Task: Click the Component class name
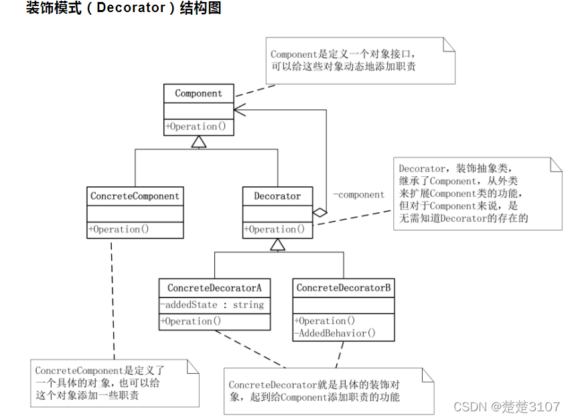pyautogui.click(x=198, y=93)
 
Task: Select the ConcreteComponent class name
pyautogui.click(x=135, y=196)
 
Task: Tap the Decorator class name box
pyautogui.click(x=277, y=196)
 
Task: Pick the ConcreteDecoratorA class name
pyautogui.click(x=214, y=288)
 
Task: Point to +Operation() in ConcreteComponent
pyautogui.click(x=119, y=229)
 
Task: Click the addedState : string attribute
pyautogui.click(x=212, y=305)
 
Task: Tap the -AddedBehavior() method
pyautogui.click(x=335, y=332)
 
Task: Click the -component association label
pyautogui.click(x=358, y=195)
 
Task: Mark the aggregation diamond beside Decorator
pyautogui.click(x=320, y=212)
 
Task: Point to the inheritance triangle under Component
pyautogui.click(x=198, y=141)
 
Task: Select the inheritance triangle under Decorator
pyautogui.click(x=277, y=244)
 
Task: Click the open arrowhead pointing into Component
pyautogui.click(x=239, y=109)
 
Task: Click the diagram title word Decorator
pyautogui.click(x=131, y=9)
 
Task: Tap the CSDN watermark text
pyautogui.click(x=506, y=407)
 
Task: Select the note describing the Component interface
pyautogui.click(x=360, y=60)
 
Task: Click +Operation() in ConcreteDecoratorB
pyautogui.click(x=324, y=321)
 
